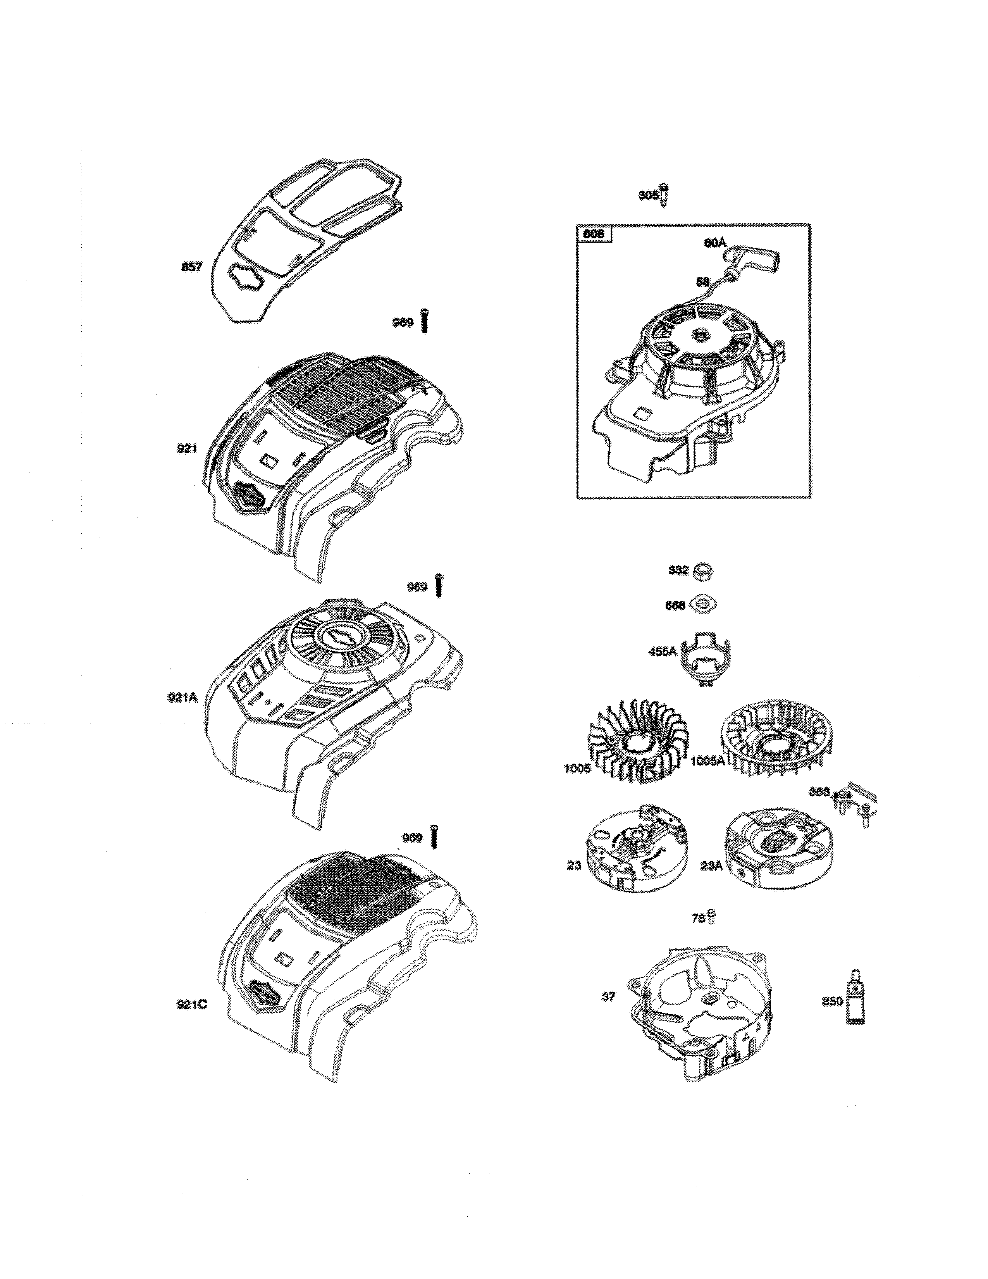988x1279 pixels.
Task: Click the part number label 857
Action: [x=192, y=268]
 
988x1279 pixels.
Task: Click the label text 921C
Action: [x=192, y=1005]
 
